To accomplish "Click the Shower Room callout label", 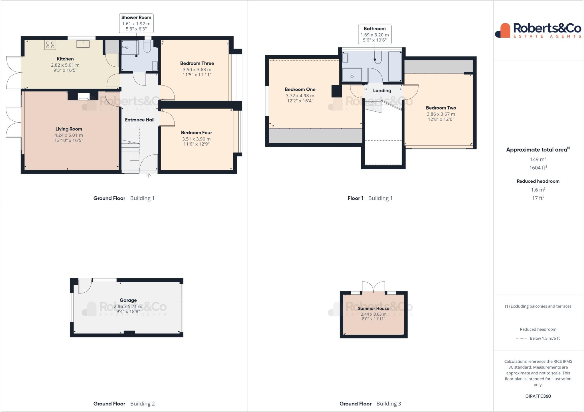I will click(x=136, y=23).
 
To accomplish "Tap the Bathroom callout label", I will click(x=374, y=34).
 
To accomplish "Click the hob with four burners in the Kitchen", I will click(x=50, y=45).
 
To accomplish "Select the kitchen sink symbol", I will click(x=83, y=44).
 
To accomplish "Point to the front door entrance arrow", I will click(x=149, y=176).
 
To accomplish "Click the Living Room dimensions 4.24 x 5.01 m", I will click(x=69, y=135).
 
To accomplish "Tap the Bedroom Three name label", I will click(x=197, y=63).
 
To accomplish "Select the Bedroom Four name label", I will click(x=196, y=132).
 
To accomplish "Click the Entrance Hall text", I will click(x=139, y=120).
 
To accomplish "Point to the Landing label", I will click(x=382, y=91).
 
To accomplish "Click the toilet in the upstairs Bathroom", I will click(x=378, y=57).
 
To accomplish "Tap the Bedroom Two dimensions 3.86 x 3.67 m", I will click(x=441, y=114).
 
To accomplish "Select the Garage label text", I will click(x=128, y=300).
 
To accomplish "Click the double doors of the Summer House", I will click(x=373, y=287).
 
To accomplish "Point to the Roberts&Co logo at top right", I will click(x=538, y=30).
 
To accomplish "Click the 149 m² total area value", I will click(x=538, y=159).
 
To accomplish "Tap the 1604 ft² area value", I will click(x=538, y=168).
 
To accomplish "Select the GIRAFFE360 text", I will click(x=538, y=396).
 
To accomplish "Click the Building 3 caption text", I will click(x=388, y=403).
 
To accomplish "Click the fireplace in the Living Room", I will click(x=84, y=97).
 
